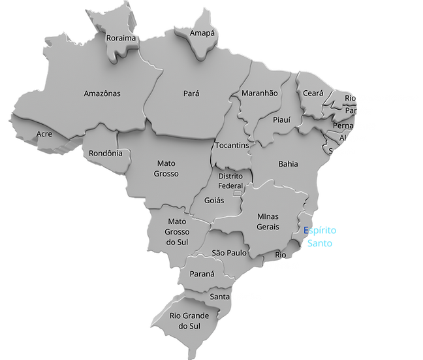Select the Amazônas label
pyautogui.click(x=102, y=93)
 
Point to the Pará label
pyautogui.click(x=191, y=93)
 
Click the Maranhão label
pyautogui.click(x=260, y=93)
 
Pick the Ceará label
pyautogui.click(x=313, y=93)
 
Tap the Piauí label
pyautogui.click(x=281, y=120)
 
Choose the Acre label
pyautogui.click(x=44, y=133)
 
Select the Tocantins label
pyautogui.click(x=232, y=146)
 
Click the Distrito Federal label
pyautogui.click(x=230, y=181)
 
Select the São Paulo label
pyautogui.click(x=228, y=252)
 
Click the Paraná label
pyautogui.click(x=202, y=274)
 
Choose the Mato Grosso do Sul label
pyautogui.click(x=177, y=232)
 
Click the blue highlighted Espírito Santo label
pyautogui.click(x=319, y=236)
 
